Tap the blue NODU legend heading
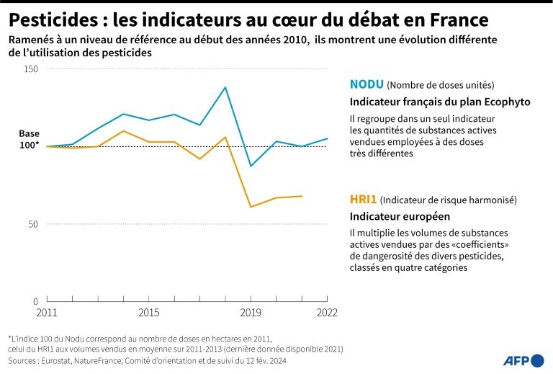point(367,84)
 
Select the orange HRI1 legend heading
point(364,199)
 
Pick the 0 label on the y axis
point(35,301)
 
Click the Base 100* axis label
point(29,140)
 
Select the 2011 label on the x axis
point(47,313)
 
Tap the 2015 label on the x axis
point(148,313)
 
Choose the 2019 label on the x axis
point(250,313)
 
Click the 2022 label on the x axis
point(326,313)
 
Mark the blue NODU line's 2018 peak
point(225,87)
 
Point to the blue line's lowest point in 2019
point(251,166)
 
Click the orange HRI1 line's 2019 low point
point(251,207)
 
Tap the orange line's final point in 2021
point(302,196)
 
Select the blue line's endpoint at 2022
point(328,138)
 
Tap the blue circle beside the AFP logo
point(537,360)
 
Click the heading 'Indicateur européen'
point(400,216)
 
